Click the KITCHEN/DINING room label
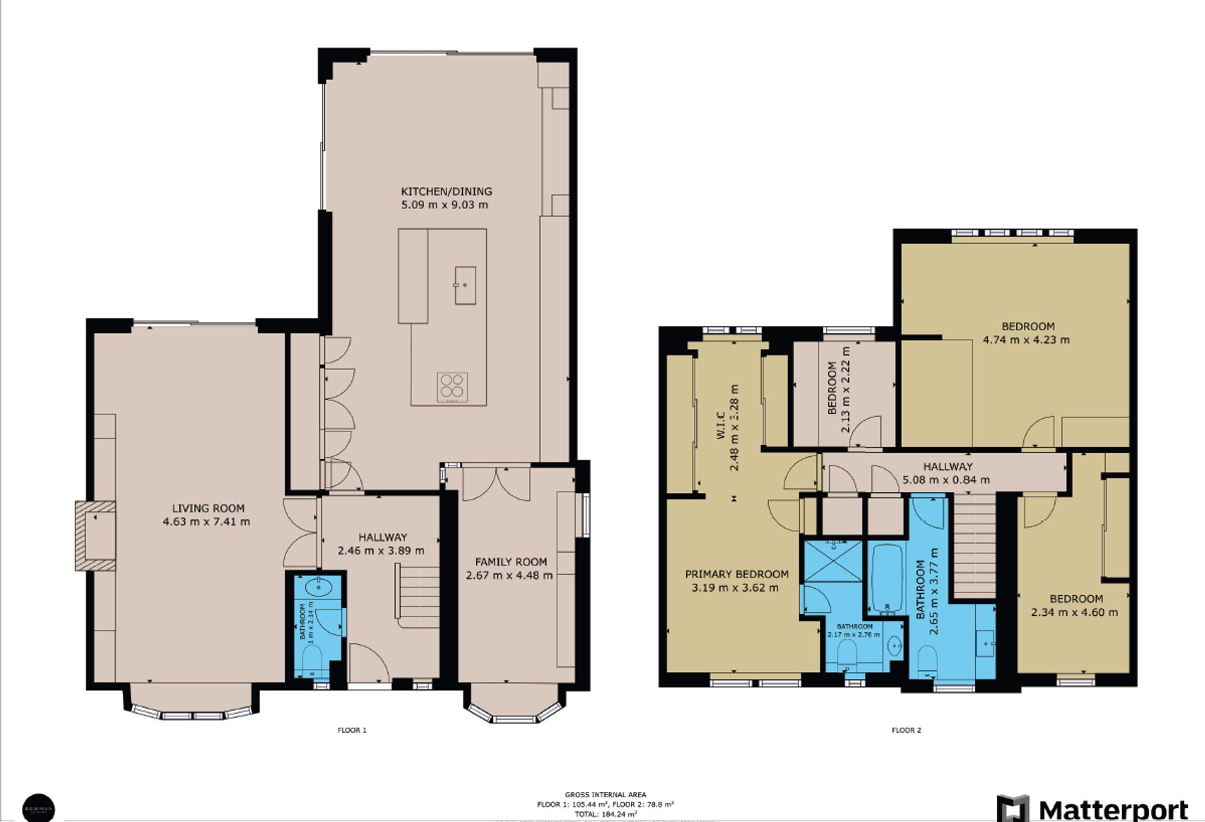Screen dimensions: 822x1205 tap(446, 192)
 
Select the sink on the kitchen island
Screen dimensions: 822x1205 tap(465, 285)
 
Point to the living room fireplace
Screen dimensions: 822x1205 tap(95, 535)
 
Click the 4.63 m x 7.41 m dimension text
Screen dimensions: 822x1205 tap(206, 522)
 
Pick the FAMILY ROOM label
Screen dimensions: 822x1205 tap(511, 562)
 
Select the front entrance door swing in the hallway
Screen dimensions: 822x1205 tap(368, 663)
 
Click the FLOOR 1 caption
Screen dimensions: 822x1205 tap(352, 730)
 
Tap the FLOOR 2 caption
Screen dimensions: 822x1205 tap(906, 730)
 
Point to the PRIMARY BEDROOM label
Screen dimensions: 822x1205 tap(736, 574)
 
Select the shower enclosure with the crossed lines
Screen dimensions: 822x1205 tap(833, 561)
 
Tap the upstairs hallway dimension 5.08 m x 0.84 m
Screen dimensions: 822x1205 tap(946, 480)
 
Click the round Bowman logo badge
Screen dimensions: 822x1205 tap(39, 808)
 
